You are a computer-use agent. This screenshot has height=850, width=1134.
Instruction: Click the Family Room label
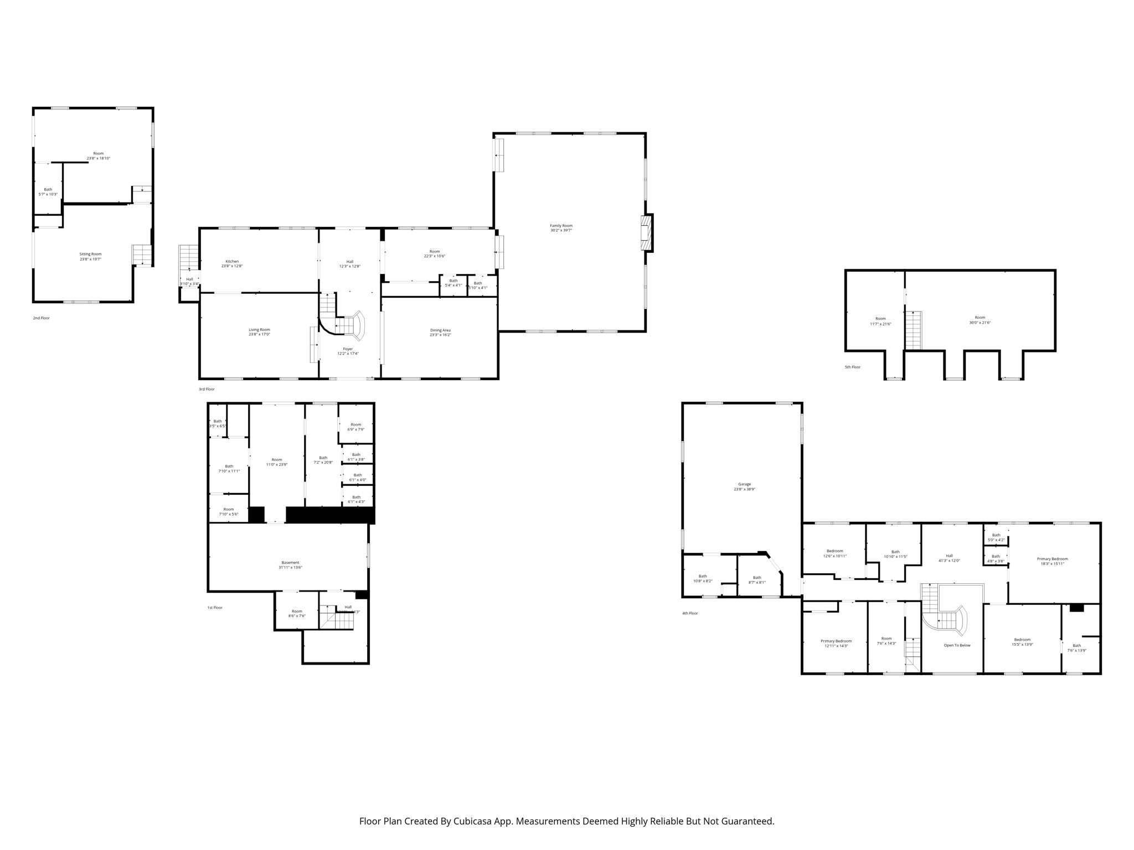tap(561, 226)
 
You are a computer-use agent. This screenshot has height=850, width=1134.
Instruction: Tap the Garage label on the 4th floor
tap(744, 484)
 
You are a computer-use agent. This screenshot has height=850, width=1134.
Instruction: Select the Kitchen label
tap(232, 261)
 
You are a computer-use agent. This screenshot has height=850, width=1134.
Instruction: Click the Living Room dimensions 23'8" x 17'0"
tap(259, 334)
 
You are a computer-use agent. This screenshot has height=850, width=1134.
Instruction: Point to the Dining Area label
tap(440, 330)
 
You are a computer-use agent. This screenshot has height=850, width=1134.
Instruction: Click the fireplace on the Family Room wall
tap(646, 233)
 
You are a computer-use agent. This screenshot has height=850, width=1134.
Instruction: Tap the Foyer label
tap(348, 349)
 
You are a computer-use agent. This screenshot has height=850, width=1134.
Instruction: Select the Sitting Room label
tap(90, 254)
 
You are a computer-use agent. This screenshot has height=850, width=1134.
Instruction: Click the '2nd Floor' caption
tap(41, 318)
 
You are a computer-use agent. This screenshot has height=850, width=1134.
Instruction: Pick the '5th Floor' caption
tap(853, 367)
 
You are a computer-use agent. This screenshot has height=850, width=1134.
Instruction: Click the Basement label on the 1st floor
tap(290, 563)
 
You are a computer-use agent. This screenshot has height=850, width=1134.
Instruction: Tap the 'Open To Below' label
tap(957, 645)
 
